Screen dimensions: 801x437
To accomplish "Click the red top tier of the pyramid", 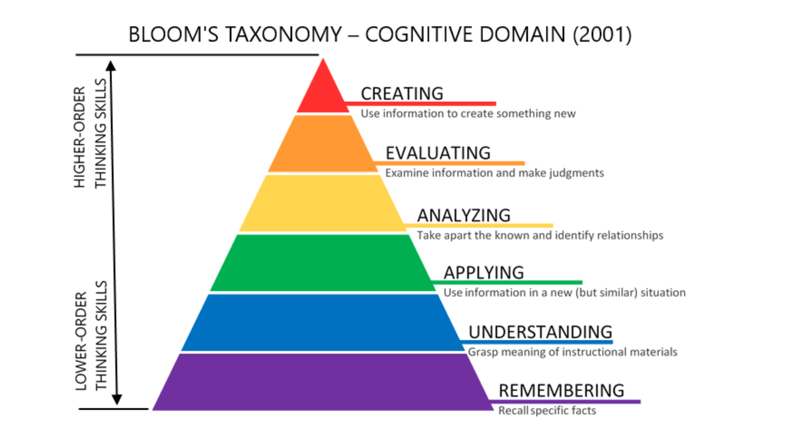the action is coord(323,92).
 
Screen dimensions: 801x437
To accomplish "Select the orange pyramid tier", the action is coord(323,143).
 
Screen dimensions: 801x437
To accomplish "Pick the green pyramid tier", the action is coord(323,263).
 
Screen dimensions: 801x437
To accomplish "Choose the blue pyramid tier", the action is coord(323,322).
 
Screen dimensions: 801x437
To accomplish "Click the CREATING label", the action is coord(402,93).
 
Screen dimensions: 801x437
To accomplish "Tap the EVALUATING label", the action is coord(438,153).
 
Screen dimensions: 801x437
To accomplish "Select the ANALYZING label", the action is coord(464,215).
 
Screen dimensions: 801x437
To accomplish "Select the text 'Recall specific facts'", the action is coord(547,411).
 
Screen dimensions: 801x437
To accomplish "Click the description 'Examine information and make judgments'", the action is coord(494,173).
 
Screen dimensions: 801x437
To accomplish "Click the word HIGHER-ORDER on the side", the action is coord(80,137).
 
